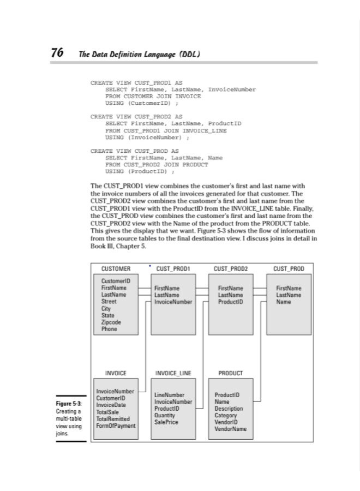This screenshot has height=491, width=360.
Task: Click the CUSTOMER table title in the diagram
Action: (x=116, y=268)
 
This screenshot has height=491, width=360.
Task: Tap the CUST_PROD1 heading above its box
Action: (x=172, y=268)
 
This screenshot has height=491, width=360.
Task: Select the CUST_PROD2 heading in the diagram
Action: (x=231, y=268)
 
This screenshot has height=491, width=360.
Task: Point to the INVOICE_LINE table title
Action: (x=173, y=373)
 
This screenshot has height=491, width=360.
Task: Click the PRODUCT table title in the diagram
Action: (x=230, y=373)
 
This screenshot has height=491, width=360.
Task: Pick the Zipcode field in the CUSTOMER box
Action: (x=111, y=322)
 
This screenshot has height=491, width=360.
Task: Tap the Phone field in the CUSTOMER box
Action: (x=109, y=329)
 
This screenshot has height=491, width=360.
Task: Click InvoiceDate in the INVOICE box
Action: (x=111, y=405)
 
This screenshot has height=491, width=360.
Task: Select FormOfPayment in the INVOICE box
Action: (x=116, y=426)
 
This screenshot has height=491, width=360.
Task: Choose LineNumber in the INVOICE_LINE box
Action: (x=169, y=395)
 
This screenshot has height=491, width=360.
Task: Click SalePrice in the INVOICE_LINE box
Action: (x=166, y=422)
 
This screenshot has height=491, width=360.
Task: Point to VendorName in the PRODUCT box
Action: (x=230, y=429)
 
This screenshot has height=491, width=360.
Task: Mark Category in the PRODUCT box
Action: (x=226, y=415)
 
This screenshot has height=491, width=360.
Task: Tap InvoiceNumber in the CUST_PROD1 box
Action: (x=173, y=301)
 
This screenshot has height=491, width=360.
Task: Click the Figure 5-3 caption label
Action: (x=69, y=403)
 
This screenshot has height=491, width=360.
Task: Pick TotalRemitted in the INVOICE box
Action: (x=113, y=419)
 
